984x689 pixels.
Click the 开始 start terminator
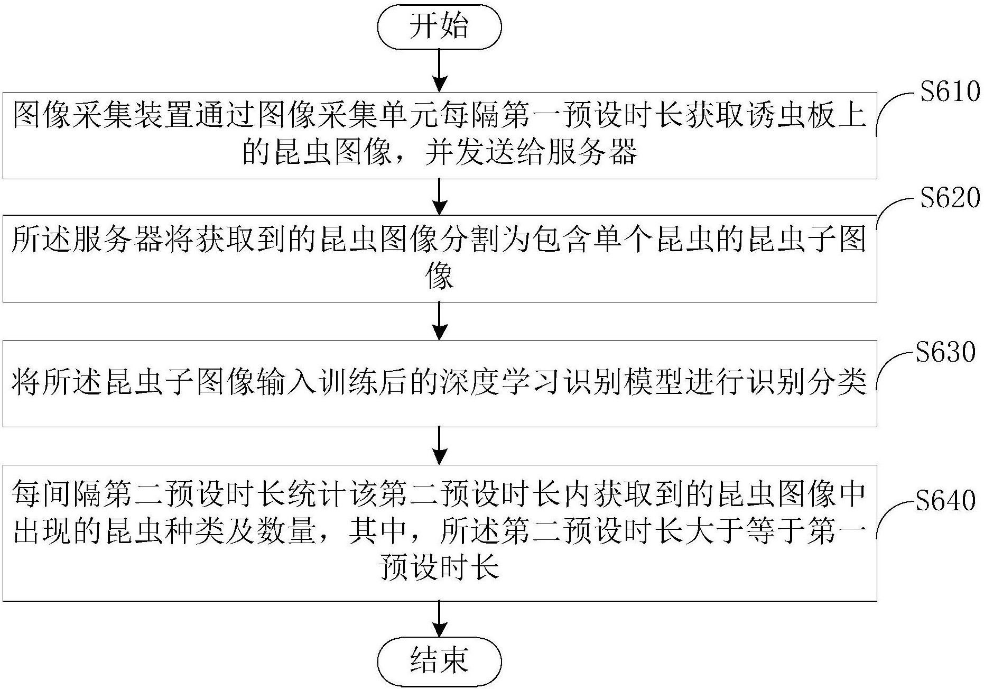(439, 26)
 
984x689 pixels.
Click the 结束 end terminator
(439, 661)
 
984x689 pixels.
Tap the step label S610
(950, 92)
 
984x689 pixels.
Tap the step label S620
(950, 198)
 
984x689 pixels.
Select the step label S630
(945, 352)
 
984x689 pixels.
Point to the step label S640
(945, 500)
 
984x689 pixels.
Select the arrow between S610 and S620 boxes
(439, 197)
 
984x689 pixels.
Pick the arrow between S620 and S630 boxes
(439, 320)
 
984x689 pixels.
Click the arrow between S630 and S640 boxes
(439, 446)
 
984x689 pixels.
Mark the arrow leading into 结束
(439, 619)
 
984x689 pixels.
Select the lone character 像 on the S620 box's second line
(439, 277)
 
